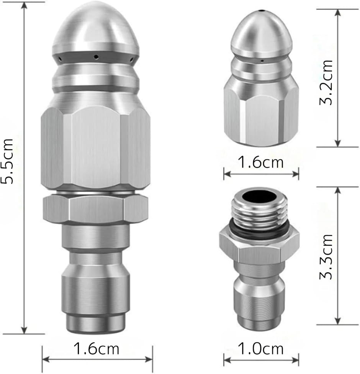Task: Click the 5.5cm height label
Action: (x=7, y=161)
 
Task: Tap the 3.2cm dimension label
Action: (x=326, y=82)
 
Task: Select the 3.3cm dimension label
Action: (x=326, y=257)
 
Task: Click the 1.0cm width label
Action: (x=261, y=349)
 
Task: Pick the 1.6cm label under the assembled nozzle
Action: (x=96, y=349)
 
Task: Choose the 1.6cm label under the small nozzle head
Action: (x=261, y=162)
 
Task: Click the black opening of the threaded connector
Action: (x=260, y=197)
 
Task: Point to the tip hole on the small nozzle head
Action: (x=262, y=11)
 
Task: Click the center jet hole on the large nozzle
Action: (x=96, y=57)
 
